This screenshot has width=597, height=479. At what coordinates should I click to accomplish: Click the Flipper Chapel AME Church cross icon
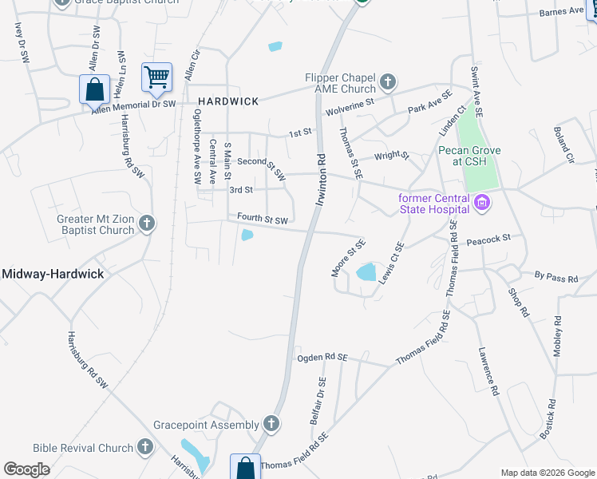coord(388,81)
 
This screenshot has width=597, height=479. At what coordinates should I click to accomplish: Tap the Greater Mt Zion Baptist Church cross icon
coord(146,224)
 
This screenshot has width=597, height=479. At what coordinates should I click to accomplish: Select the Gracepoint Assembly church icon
coord(271,424)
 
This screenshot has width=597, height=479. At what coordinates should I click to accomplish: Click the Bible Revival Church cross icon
coord(145,447)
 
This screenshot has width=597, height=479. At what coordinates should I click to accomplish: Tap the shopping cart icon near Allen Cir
coord(156,77)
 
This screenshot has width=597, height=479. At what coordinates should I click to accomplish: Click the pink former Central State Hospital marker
coord(480,204)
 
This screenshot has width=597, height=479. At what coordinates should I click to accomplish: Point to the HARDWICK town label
coord(228,101)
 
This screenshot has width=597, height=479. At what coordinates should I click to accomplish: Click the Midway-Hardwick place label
coord(53,274)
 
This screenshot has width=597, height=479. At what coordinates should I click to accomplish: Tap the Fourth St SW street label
coord(261,218)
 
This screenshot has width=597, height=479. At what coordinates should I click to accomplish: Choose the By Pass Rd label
coord(556,275)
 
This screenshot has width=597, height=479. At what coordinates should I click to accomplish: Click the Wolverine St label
coord(348,105)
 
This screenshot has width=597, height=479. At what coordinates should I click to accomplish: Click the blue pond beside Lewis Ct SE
coord(366,271)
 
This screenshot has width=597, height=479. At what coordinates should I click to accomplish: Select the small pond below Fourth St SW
coord(247,235)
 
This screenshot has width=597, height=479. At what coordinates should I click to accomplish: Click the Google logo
coord(27,469)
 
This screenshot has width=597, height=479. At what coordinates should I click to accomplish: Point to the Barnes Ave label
coord(561,12)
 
